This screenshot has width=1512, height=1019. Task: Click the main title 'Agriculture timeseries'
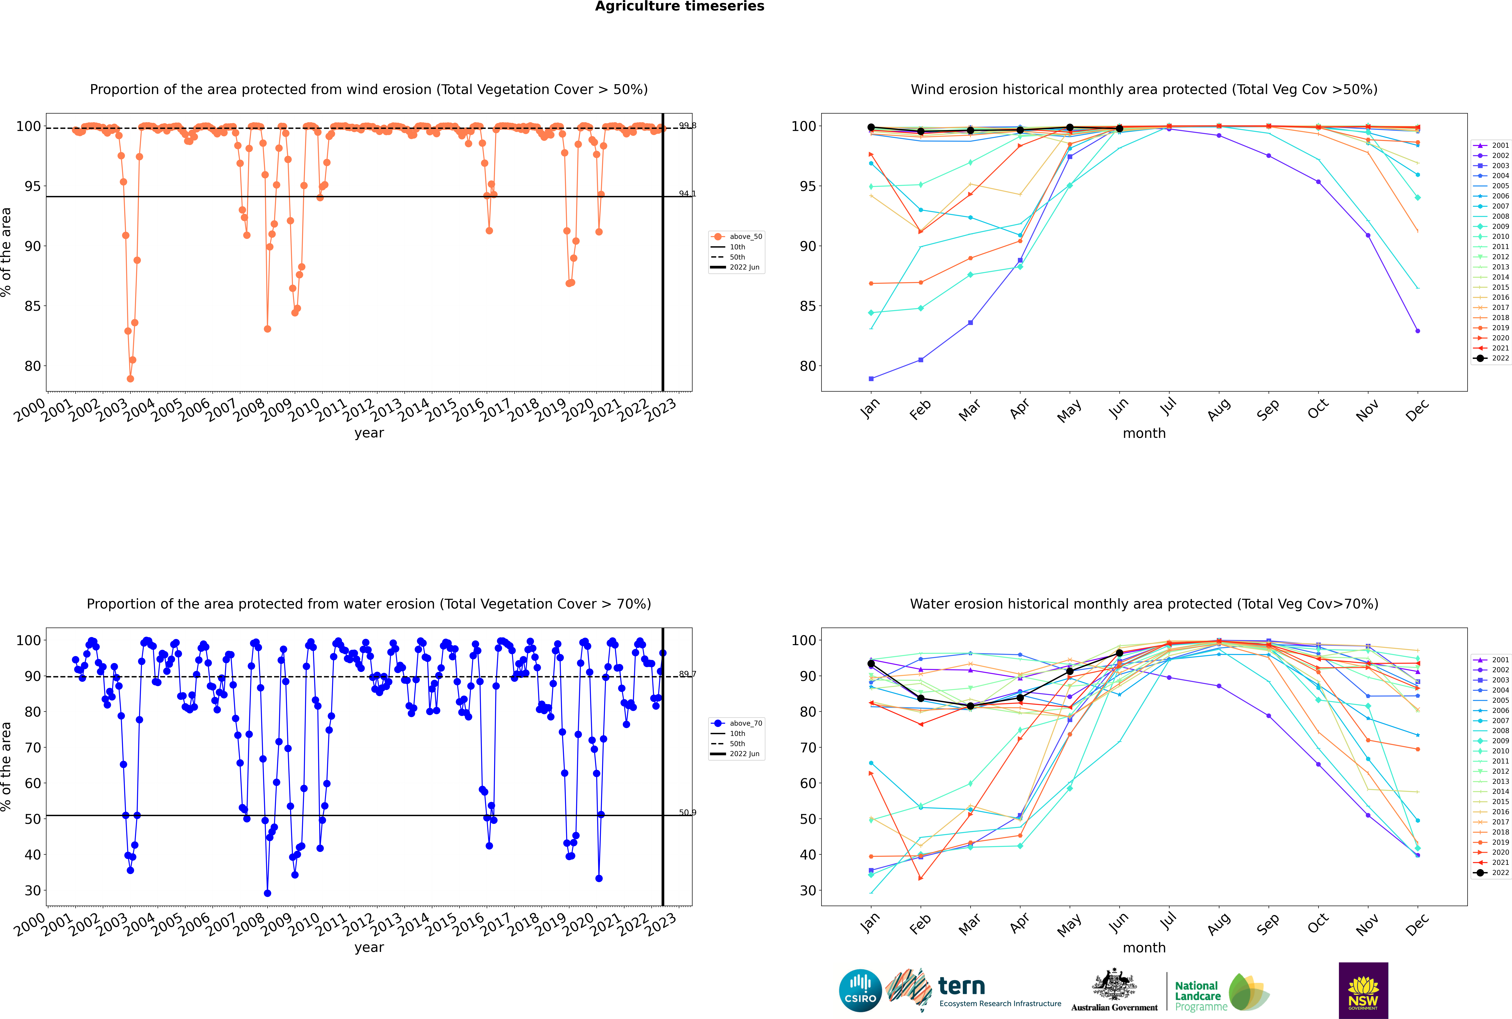pyautogui.click(x=679, y=6)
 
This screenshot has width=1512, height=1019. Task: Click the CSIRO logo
pyautogui.click(x=860, y=990)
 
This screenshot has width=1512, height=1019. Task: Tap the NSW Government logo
pyautogui.click(x=1363, y=990)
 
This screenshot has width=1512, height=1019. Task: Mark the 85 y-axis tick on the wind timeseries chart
pyautogui.click(x=32, y=306)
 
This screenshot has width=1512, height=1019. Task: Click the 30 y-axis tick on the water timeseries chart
pyautogui.click(x=32, y=890)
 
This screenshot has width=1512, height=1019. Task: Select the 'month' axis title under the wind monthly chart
pyautogui.click(x=1144, y=434)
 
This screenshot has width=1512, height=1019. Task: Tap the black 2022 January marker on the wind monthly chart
pyautogui.click(x=871, y=127)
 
